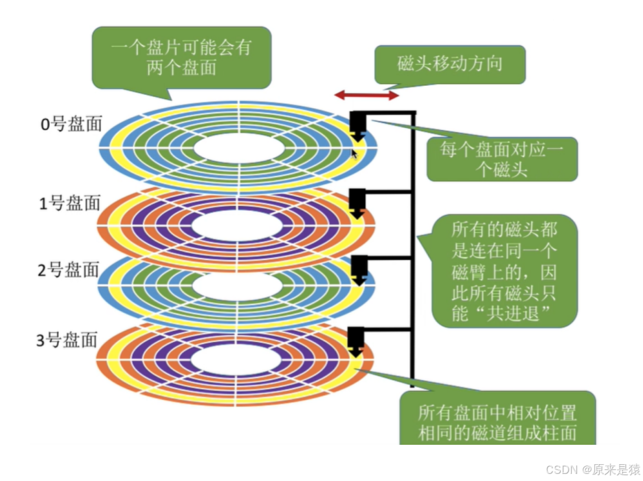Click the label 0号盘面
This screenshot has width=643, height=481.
71,124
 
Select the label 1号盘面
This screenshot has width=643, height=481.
71,203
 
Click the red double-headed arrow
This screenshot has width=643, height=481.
367,96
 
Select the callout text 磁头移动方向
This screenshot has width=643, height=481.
449,63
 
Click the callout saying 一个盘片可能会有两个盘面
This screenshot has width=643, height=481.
181,58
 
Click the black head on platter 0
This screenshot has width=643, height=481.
357,125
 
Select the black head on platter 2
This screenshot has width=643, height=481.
357,269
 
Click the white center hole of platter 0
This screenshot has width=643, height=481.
239,148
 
